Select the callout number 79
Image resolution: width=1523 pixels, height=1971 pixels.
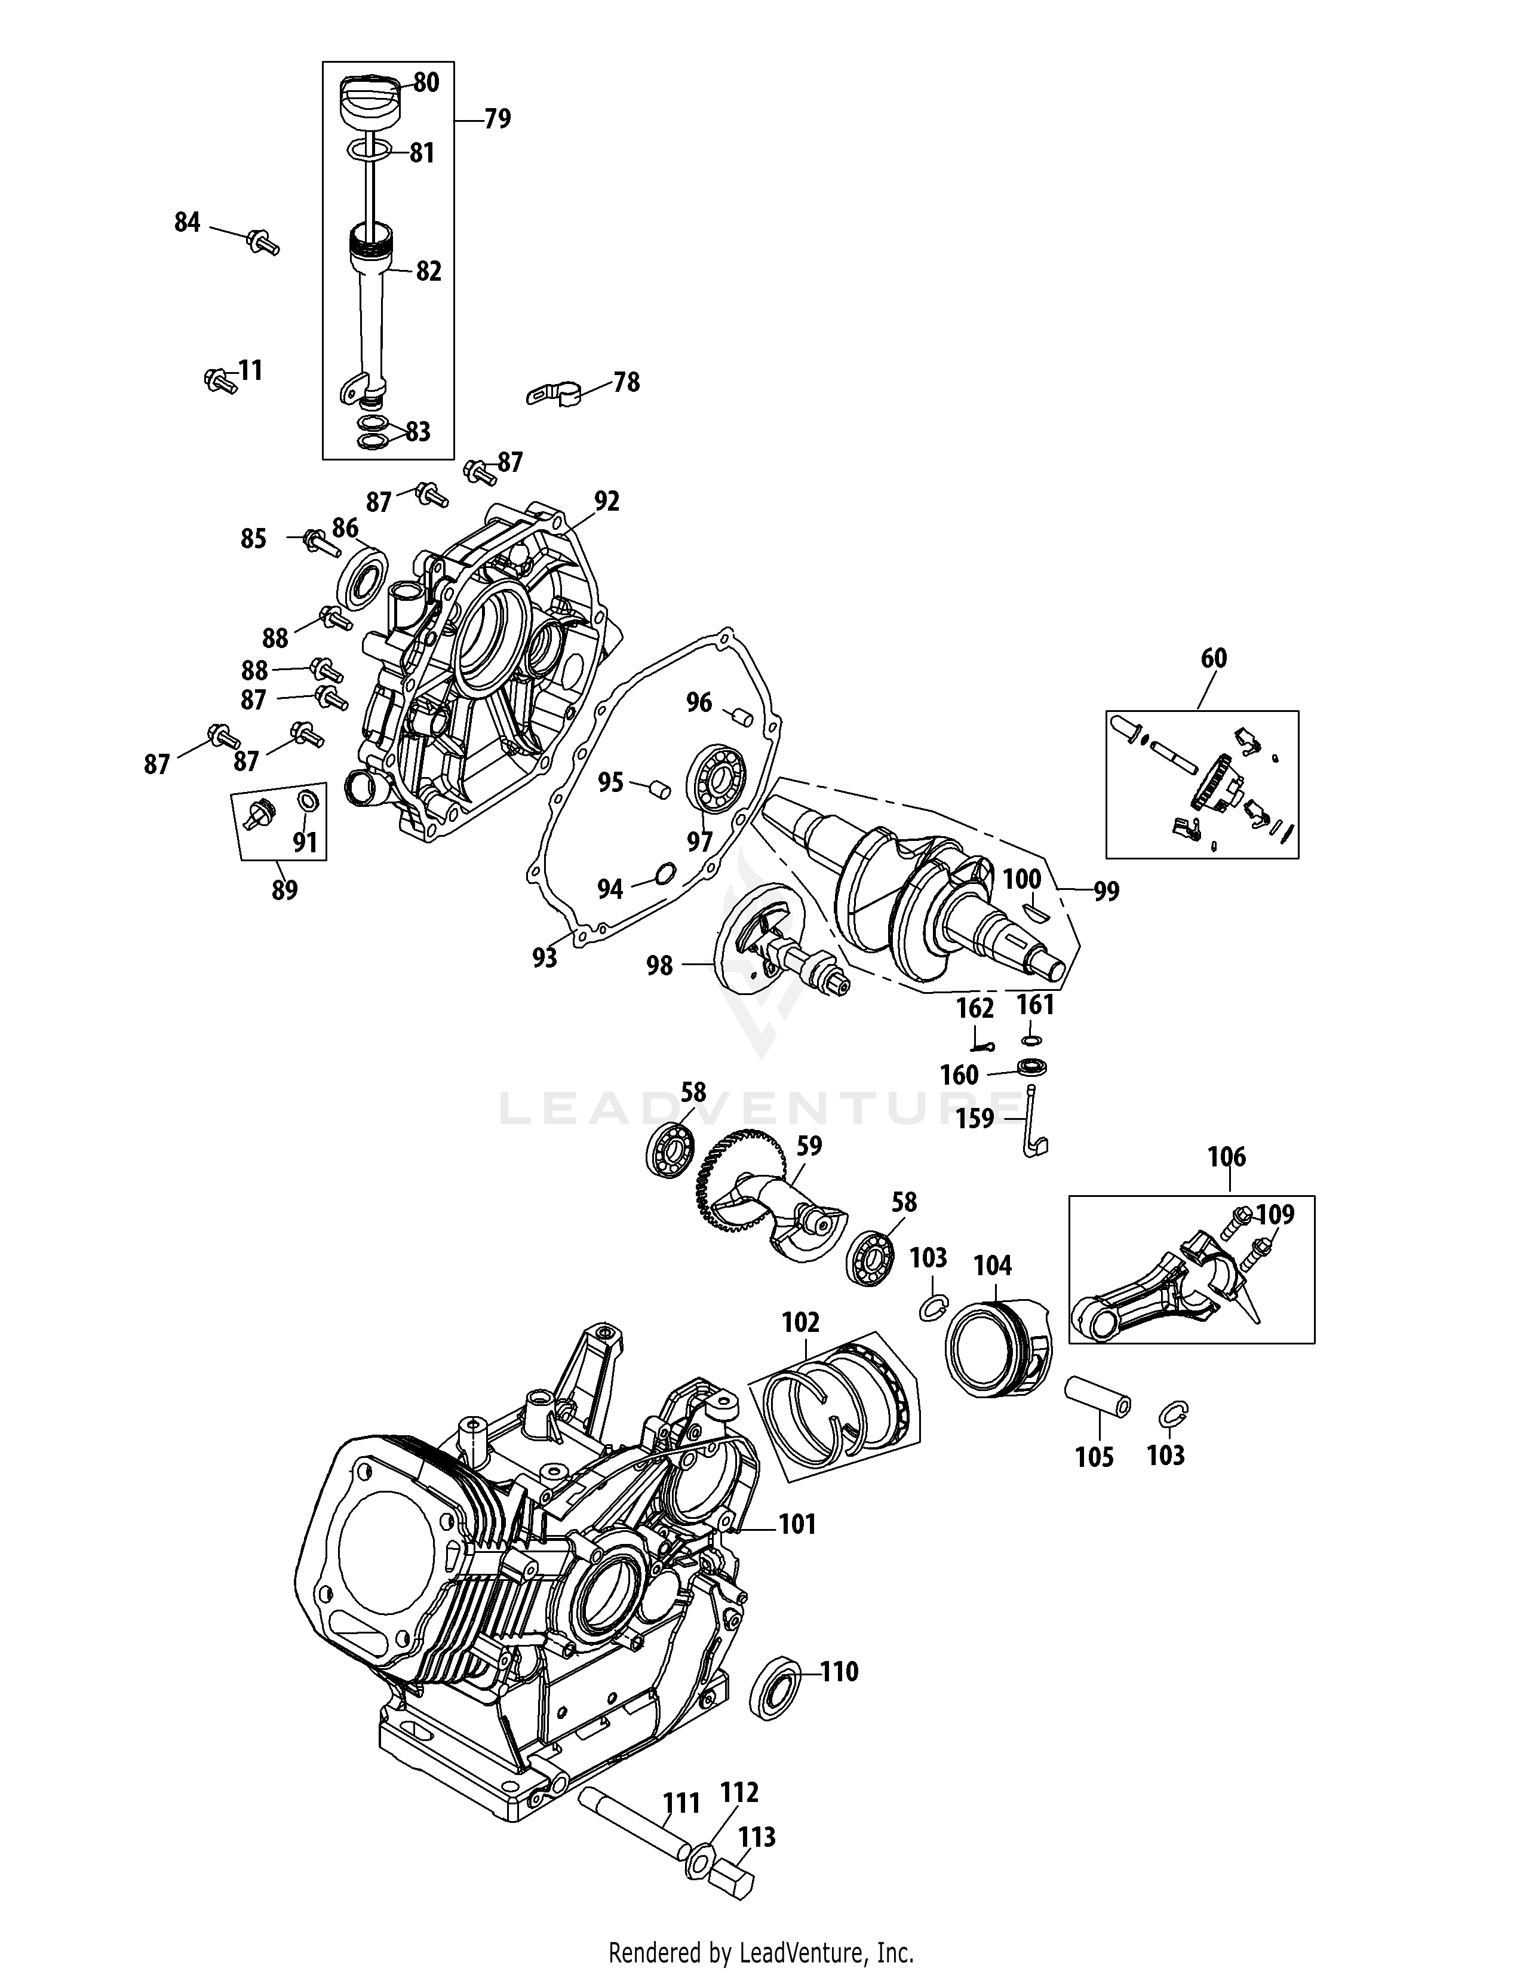497,118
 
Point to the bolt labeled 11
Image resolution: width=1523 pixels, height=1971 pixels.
217,380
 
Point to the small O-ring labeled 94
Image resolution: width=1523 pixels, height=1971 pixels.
664,873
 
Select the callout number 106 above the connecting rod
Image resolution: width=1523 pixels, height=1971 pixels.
1226,1157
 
